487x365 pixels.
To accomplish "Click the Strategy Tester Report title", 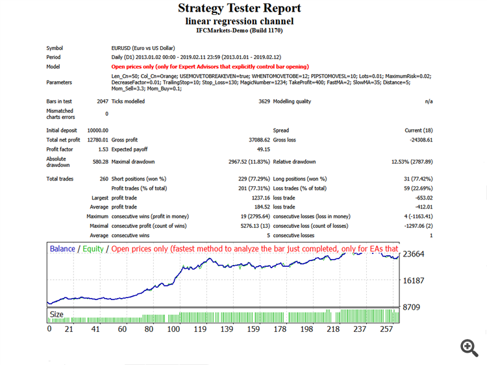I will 239,8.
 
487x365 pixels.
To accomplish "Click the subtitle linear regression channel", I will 239,21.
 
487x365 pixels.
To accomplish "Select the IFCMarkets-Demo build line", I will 239,30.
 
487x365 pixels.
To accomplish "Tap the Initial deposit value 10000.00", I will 97,131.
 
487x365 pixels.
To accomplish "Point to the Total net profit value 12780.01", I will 97,140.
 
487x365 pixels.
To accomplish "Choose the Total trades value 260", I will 103,179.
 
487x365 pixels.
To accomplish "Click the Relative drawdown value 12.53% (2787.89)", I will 408,161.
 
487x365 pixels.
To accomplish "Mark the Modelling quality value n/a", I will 429,102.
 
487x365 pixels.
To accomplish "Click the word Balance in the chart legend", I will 62,249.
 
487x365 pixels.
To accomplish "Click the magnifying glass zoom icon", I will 469,347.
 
